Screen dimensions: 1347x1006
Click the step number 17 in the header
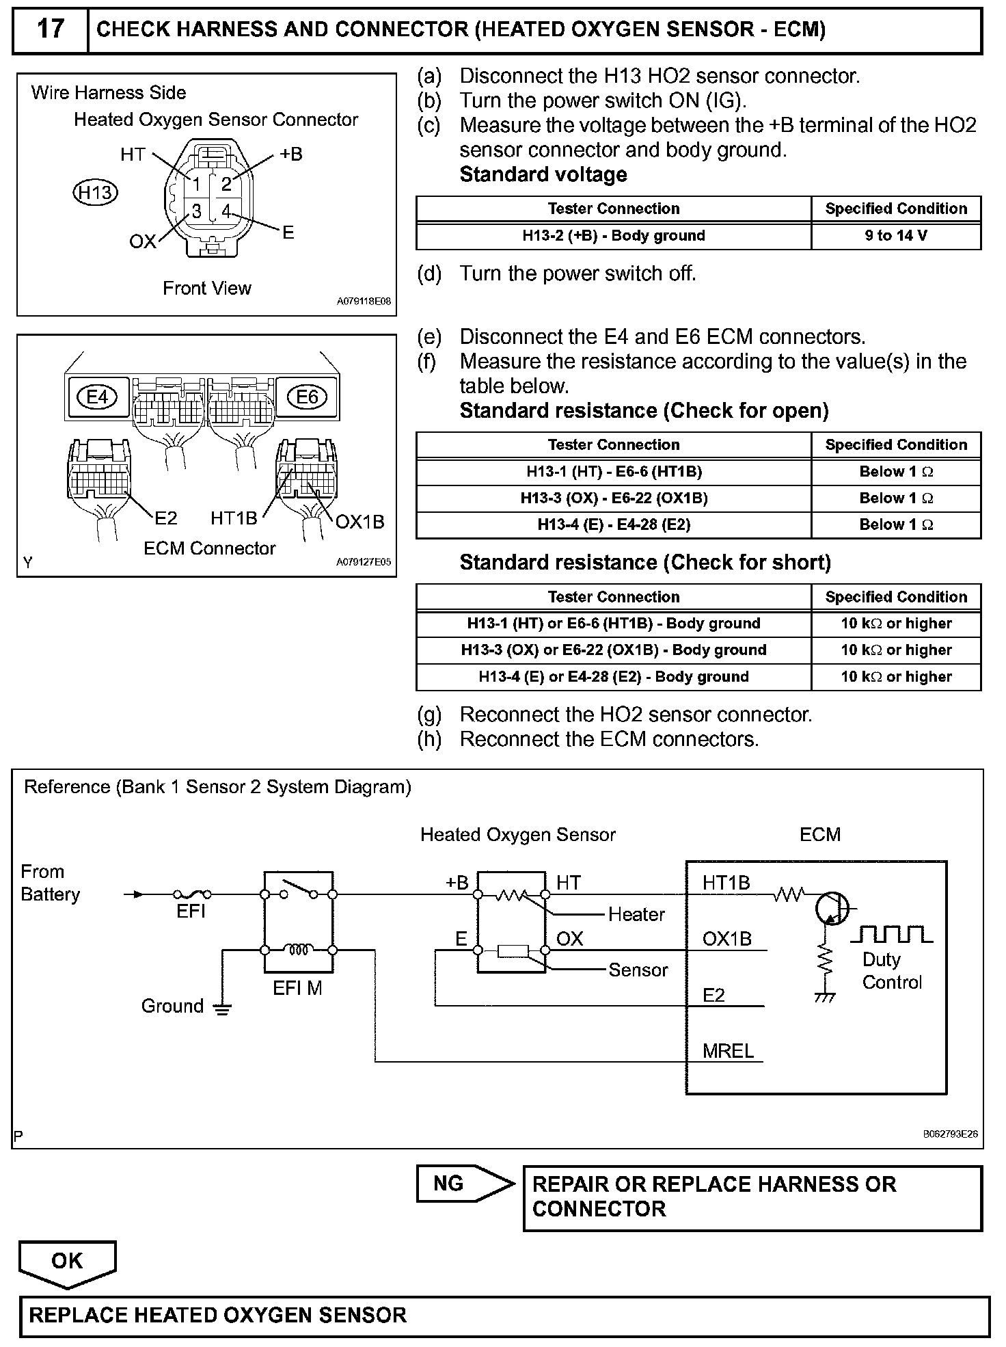pos(50,29)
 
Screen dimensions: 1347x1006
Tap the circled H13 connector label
pos(95,193)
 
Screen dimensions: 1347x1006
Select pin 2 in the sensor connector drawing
pos(226,184)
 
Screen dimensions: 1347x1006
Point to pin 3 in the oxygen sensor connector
pos(196,211)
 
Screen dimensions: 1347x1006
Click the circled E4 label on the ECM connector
pos(97,397)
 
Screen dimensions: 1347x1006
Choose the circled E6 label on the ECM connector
pos(307,397)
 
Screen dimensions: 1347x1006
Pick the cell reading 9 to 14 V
pos(895,236)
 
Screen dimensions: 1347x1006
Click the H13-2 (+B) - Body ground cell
pos(613,236)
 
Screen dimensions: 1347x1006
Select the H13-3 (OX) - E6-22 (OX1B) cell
pos(613,498)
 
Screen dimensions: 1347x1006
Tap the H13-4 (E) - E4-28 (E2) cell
pos(613,525)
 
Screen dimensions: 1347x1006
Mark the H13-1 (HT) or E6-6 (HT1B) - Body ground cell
pos(613,624)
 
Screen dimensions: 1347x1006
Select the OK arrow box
pos(67,1262)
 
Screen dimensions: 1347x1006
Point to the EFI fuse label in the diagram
pos(191,911)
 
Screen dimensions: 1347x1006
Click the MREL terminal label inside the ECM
pos(728,1051)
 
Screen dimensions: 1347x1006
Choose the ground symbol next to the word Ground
pos(222,1009)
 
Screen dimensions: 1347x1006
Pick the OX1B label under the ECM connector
pos(359,522)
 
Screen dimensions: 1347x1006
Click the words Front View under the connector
pos(206,289)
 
